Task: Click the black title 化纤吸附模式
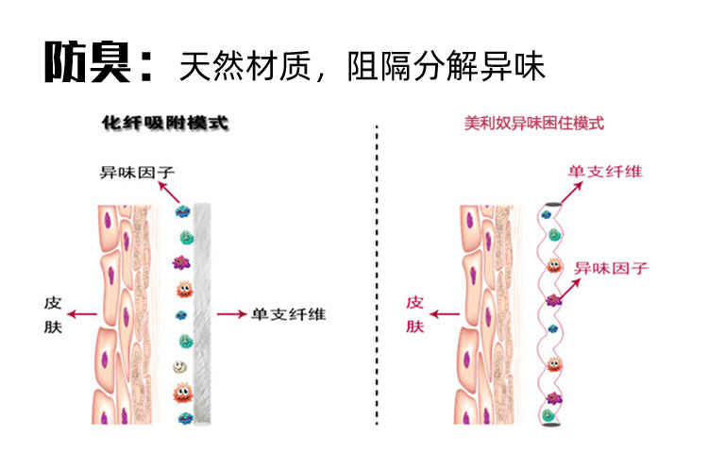point(165,124)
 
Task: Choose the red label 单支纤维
point(605,172)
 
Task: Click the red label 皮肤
point(415,315)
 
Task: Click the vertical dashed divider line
point(378,283)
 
